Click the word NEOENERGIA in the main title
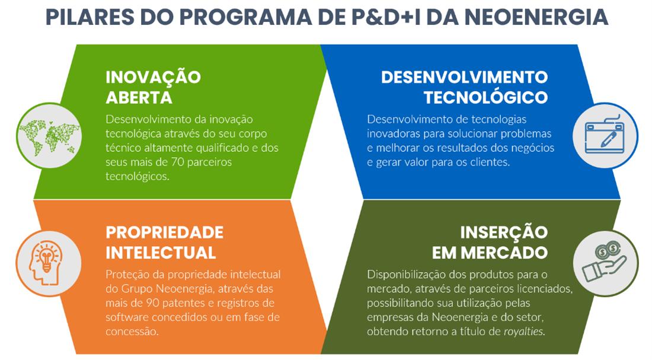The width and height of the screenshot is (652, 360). pos(536,17)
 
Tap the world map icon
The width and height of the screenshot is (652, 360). pos(49,136)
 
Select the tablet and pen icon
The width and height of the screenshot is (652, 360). pos(605,135)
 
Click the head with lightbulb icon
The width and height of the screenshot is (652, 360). pos(46,263)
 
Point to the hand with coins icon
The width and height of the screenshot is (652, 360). pos(605,262)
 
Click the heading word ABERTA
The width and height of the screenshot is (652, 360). pos(139,98)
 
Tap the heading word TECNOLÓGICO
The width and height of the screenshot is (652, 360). pos(485,98)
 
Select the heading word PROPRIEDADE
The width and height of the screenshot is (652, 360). pos(165,232)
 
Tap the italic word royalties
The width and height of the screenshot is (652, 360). pos(524,332)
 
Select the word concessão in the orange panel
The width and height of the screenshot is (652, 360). pos(132,332)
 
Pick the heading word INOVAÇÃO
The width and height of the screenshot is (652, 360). pos(153,77)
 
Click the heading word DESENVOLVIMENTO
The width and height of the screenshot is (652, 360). pos(465,78)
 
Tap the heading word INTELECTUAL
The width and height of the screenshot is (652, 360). pos(161,253)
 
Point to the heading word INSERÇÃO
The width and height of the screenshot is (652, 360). pos(504,232)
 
